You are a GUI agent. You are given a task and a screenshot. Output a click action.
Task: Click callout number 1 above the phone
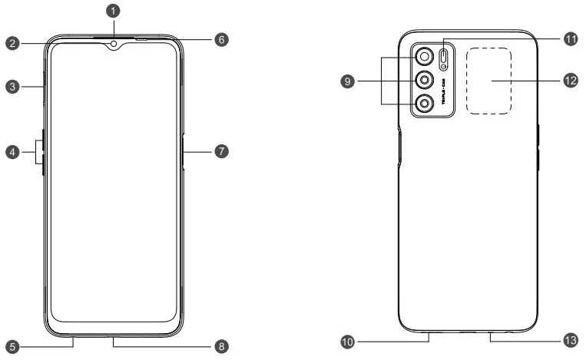coord(114,11)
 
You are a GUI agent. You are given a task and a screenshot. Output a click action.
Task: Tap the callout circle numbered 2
coord(12,43)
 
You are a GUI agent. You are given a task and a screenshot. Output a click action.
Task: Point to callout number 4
coord(12,153)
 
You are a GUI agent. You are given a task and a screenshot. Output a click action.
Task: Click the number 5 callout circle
coord(12,346)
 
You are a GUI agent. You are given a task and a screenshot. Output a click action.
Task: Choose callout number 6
coord(220,39)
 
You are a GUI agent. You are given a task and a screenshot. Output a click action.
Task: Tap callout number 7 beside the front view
coord(220,152)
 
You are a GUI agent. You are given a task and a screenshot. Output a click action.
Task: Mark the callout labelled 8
coord(220,346)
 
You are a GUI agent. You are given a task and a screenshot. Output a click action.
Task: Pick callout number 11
coord(569,38)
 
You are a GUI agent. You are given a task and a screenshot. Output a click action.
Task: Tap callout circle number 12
coord(569,81)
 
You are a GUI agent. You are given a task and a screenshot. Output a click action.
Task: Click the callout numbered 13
coord(569,340)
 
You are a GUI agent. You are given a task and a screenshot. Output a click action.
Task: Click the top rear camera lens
coord(425,56)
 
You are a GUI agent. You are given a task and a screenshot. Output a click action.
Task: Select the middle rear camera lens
coord(425,80)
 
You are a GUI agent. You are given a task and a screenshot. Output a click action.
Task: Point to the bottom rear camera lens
coord(425,104)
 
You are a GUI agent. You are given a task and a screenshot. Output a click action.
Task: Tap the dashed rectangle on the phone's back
coord(490,81)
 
